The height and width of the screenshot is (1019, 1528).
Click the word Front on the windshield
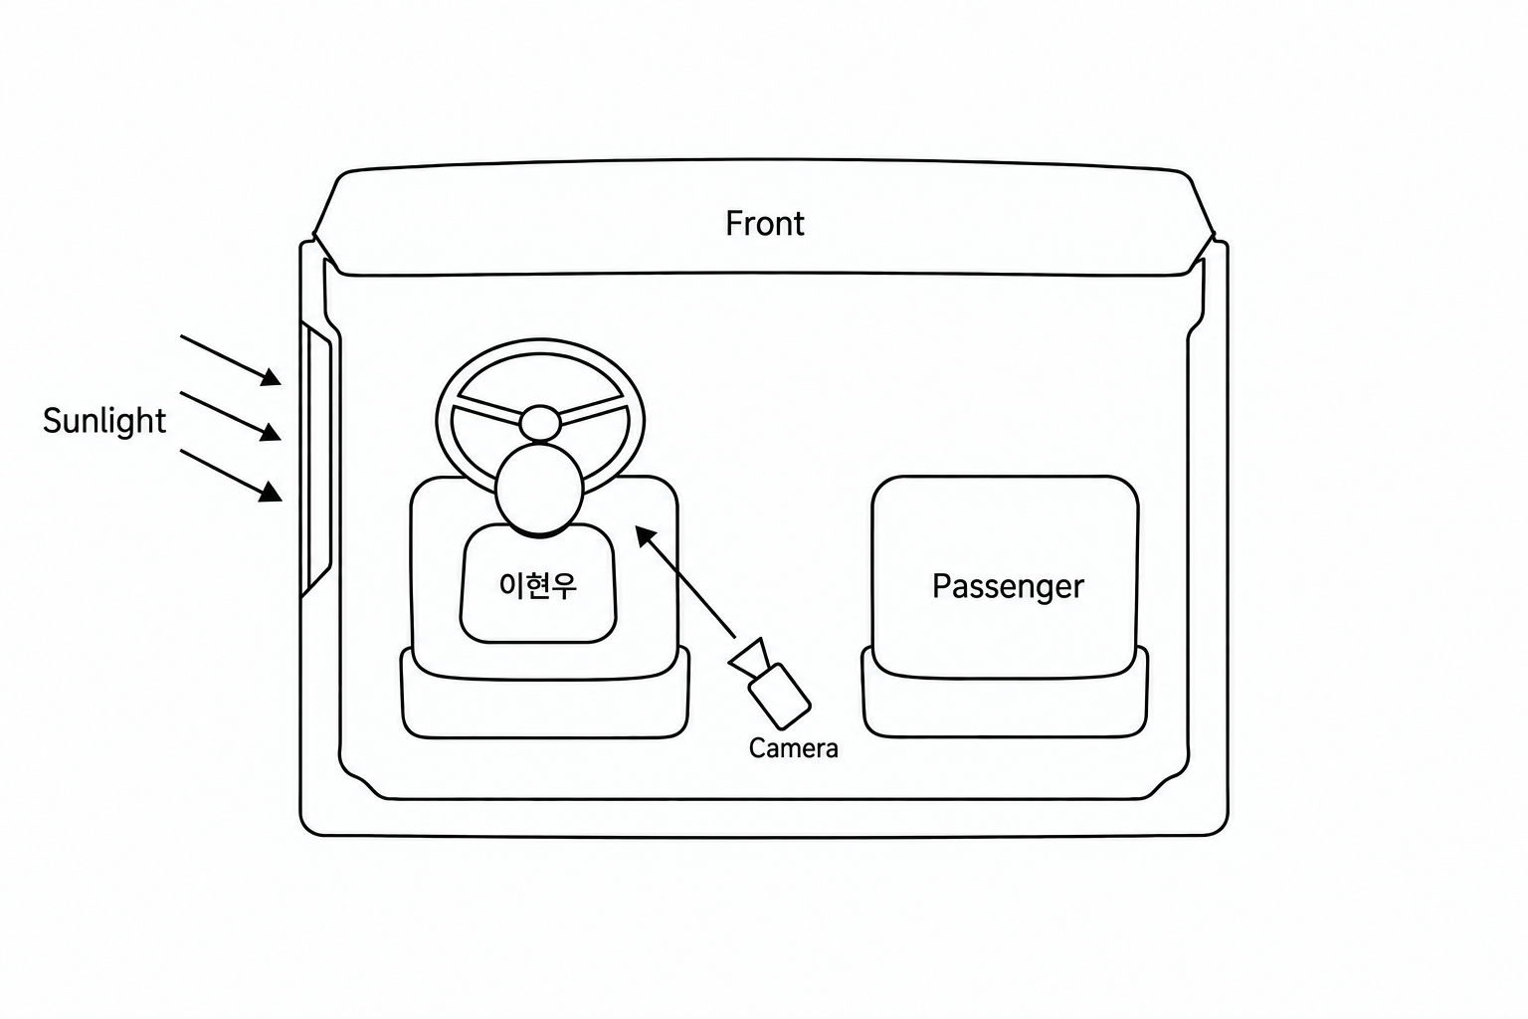coord(765,224)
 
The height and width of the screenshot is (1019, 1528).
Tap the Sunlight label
coord(104,421)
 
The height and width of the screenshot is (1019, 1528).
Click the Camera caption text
coord(793,748)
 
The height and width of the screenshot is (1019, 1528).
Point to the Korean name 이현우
coord(538,585)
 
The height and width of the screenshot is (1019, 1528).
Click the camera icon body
coord(780,696)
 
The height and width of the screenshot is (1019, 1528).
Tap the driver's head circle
coord(539,490)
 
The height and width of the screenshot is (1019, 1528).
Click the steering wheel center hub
coord(540,423)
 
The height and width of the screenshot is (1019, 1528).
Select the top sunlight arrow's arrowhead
coord(272,377)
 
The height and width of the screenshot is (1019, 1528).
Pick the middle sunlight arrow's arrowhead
coord(271,432)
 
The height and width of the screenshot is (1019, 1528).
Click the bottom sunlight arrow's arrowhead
coord(271,492)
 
